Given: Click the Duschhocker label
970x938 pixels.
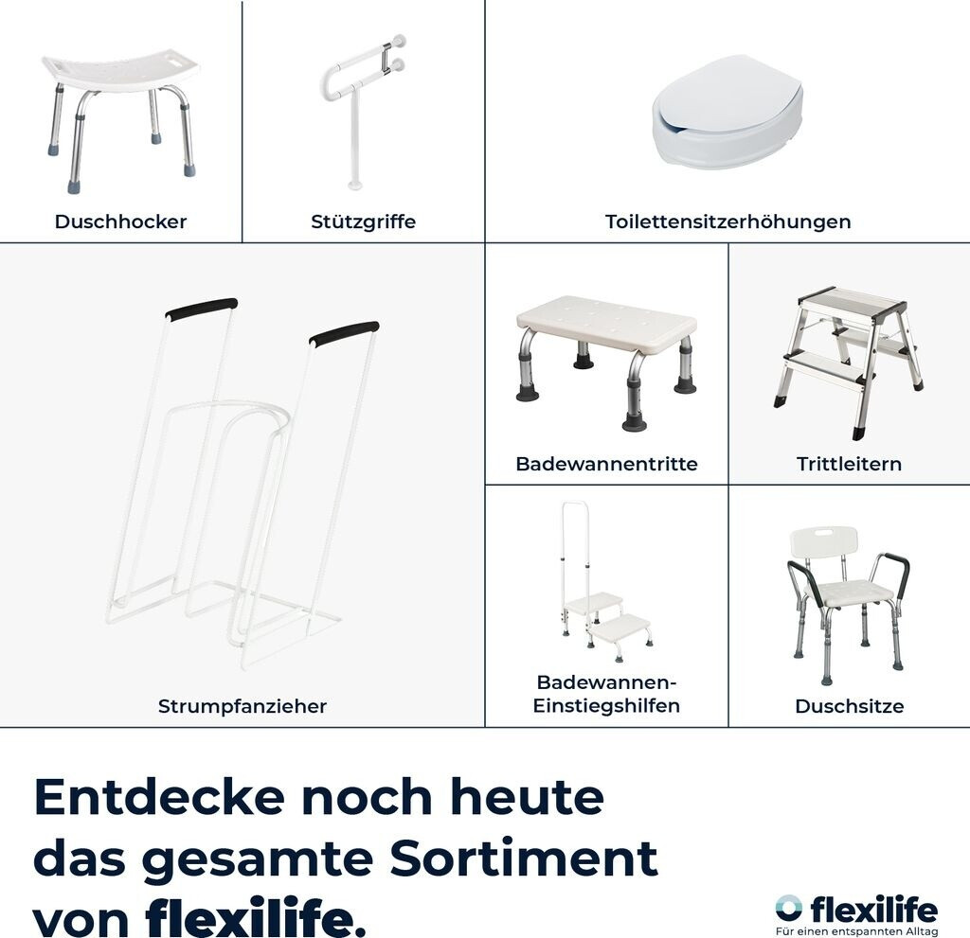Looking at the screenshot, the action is [x=120, y=221].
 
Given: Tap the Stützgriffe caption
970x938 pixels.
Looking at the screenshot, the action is [x=363, y=221].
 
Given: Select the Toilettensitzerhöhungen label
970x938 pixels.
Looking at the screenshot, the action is [x=728, y=221].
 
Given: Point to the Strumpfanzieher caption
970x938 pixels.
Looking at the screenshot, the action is [x=242, y=706].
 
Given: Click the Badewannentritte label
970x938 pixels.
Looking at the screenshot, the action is [x=606, y=464].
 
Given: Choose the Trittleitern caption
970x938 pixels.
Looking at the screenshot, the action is [x=849, y=464].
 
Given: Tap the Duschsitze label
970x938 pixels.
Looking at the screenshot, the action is [x=850, y=706].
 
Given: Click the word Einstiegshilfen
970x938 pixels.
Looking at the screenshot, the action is [x=606, y=705].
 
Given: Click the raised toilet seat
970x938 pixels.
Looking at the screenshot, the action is [x=727, y=112].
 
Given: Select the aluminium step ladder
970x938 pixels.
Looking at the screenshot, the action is [x=848, y=363].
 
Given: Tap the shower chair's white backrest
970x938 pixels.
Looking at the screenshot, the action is [x=824, y=541].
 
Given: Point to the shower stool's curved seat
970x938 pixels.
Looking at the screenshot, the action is [x=121, y=69].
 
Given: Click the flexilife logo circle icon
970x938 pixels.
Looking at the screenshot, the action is [x=788, y=907].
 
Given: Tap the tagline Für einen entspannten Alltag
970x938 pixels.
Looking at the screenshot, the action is [x=856, y=931].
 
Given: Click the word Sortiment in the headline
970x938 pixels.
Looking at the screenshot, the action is [x=523, y=858].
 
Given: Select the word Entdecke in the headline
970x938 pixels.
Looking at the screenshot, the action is [x=159, y=797].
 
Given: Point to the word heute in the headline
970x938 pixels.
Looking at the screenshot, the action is [x=523, y=797].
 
